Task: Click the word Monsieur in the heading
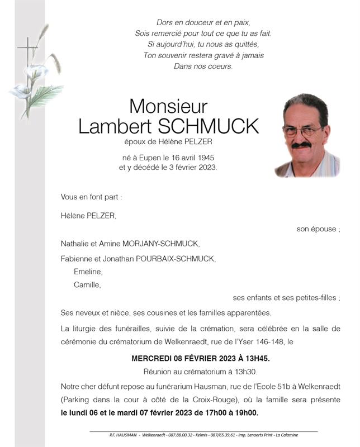click(168, 106)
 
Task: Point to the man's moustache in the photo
click(301, 145)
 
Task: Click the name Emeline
click(88, 272)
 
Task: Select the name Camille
click(87, 285)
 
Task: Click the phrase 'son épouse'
click(318, 229)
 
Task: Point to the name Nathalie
click(77, 244)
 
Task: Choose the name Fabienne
click(78, 258)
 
